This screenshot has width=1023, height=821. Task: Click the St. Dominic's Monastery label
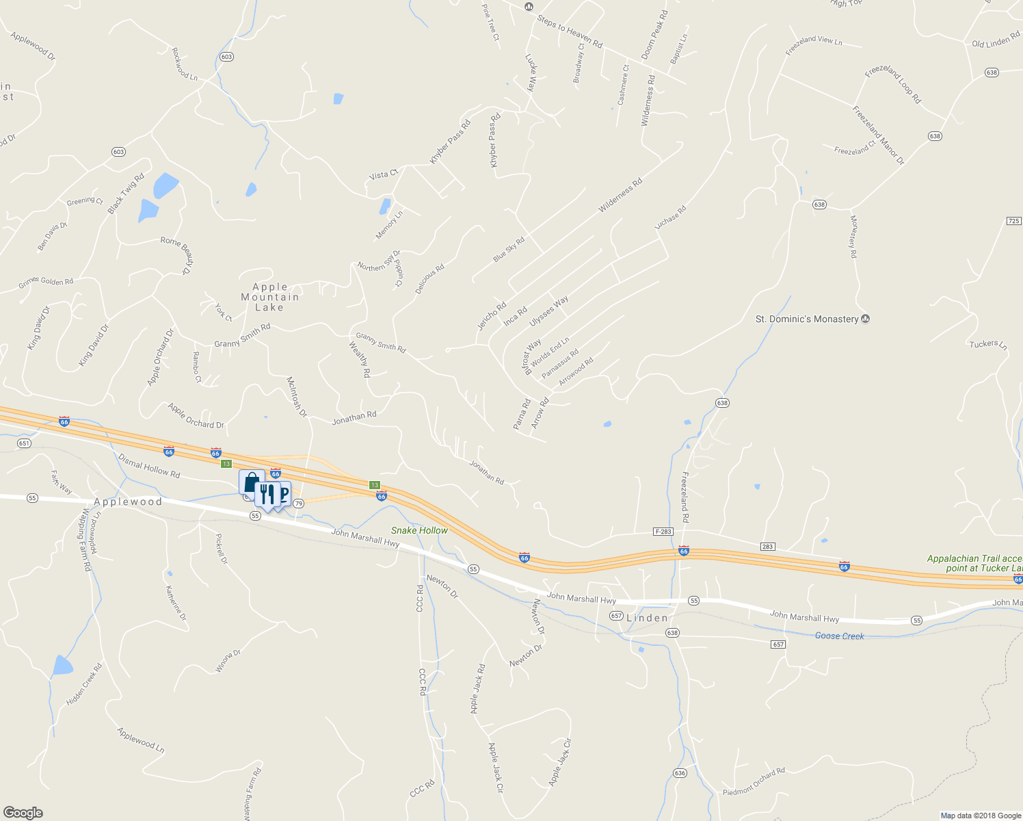(806, 319)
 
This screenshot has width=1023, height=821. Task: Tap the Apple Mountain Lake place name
(269, 298)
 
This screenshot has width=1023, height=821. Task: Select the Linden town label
(647, 618)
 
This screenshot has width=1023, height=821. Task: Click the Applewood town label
(128, 501)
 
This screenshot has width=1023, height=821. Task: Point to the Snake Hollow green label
(419, 530)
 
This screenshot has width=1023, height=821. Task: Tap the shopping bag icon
(251, 482)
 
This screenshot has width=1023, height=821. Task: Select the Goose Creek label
(839, 636)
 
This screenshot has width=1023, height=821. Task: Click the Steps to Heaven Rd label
(570, 32)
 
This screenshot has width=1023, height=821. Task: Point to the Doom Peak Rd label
(654, 35)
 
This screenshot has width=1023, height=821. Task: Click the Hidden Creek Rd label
(84, 684)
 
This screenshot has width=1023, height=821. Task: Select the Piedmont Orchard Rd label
(754, 782)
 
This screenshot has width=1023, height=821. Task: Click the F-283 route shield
(663, 532)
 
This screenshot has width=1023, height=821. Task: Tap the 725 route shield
(1013, 221)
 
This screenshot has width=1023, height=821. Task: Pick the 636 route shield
(679, 773)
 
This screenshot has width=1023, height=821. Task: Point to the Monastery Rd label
(853, 236)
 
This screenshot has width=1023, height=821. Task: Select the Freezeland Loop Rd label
(893, 85)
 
